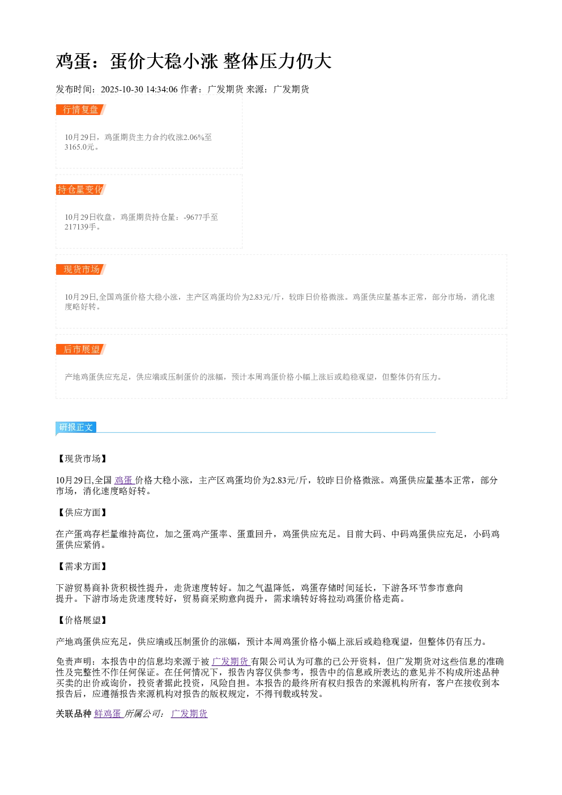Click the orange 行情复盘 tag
click(81, 110)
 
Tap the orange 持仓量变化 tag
click(81, 189)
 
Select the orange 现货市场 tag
click(81, 269)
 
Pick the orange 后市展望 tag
click(81, 349)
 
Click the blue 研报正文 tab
click(76, 427)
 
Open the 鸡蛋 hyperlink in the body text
click(124, 480)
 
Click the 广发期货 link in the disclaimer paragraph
click(231, 661)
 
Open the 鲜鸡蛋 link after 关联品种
click(108, 714)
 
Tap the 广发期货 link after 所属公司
click(189, 714)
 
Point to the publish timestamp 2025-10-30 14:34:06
click(139, 90)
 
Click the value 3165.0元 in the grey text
click(80, 147)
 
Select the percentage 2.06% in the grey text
click(193, 137)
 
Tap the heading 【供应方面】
click(82, 512)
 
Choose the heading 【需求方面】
click(82, 567)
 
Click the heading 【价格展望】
click(82, 620)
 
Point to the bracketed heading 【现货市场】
click(82, 458)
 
